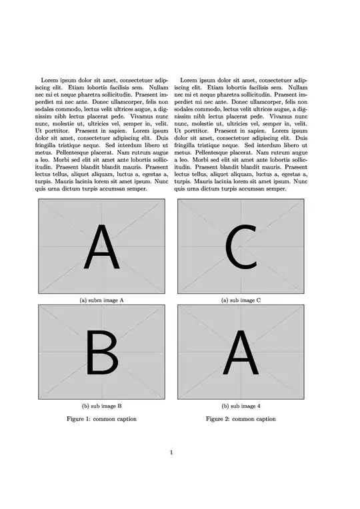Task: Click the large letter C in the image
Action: (241, 247)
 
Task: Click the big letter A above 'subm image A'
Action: (101, 247)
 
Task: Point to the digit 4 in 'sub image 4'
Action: (259, 406)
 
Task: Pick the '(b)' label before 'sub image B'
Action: (85, 406)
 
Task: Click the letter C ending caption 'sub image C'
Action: (259, 300)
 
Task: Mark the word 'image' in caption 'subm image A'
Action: (112, 300)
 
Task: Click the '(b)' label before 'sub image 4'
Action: (225, 406)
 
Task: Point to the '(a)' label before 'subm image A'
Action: (83, 300)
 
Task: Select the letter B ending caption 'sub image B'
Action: (119, 406)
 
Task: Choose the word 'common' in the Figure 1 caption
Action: (103, 419)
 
